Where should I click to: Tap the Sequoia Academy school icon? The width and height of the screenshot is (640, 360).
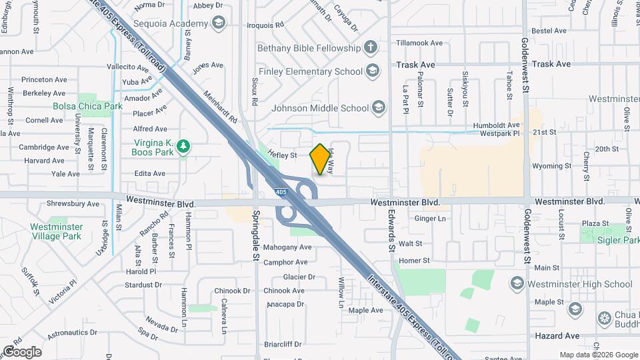[x=218, y=24]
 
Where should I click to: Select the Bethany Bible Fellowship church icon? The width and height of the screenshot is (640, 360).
[x=371, y=48]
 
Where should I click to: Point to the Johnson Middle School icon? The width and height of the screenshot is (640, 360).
[x=378, y=107]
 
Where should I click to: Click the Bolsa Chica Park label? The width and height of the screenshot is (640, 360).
[x=88, y=106]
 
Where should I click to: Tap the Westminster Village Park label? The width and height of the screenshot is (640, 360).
[x=56, y=231]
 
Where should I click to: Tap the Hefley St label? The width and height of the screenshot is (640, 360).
[x=282, y=155]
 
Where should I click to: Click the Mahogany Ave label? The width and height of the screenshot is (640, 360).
[x=287, y=247]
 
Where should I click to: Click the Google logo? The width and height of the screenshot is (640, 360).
[x=22, y=351]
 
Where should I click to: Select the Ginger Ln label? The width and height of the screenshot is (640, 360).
[x=430, y=218]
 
